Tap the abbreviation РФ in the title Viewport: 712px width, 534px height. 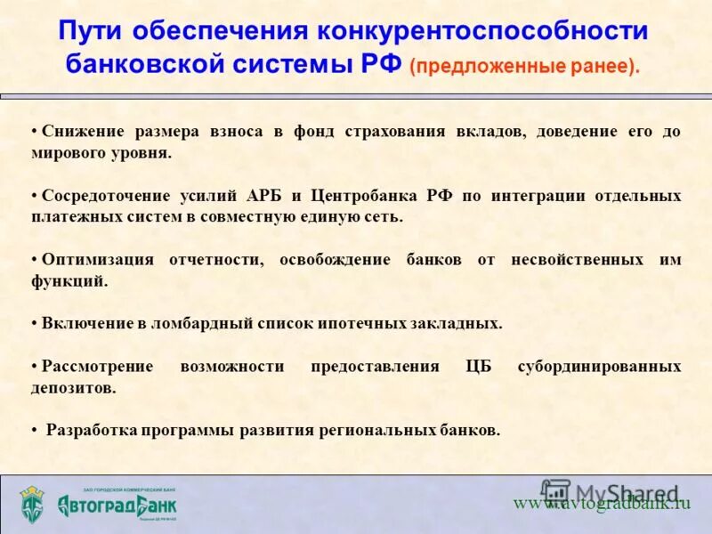[x=382, y=65]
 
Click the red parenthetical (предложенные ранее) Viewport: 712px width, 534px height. [x=525, y=67]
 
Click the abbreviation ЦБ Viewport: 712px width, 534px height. [x=479, y=367]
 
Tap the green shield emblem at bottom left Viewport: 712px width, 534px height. [x=33, y=505]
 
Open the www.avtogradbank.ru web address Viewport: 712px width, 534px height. [x=602, y=503]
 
